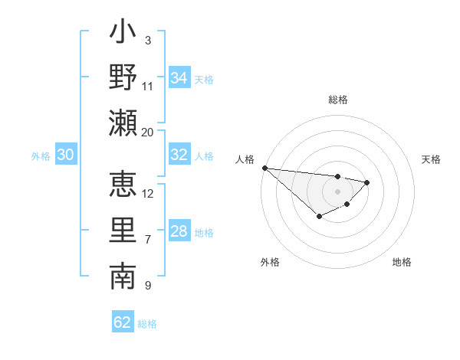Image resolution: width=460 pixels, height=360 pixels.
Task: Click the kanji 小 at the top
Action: pyautogui.click(x=123, y=34)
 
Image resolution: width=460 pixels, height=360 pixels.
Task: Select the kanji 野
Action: pyautogui.click(x=123, y=78)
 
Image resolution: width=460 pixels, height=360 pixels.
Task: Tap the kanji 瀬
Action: pyautogui.click(x=123, y=123)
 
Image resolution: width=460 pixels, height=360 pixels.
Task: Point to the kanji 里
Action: pyautogui.click(x=123, y=231)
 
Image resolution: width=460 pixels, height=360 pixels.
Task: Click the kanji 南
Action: pyautogui.click(x=123, y=277)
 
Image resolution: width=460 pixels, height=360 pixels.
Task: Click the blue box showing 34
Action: pyautogui.click(x=179, y=78)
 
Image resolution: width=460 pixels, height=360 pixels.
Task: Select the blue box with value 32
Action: pyautogui.click(x=179, y=155)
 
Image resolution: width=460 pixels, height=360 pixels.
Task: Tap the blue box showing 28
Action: pyautogui.click(x=179, y=231)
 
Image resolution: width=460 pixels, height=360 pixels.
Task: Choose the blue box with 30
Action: pyautogui.click(x=65, y=155)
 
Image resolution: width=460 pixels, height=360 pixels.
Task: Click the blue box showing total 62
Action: pyautogui.click(x=123, y=322)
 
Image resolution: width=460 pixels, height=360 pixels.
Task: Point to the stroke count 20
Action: pyautogui.click(x=148, y=132)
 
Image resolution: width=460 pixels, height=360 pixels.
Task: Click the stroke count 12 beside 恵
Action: pyautogui.click(x=148, y=193)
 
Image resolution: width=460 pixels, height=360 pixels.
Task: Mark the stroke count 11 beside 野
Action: pyautogui.click(x=148, y=86)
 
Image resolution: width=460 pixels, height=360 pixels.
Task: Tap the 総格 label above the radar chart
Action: pyautogui.click(x=337, y=100)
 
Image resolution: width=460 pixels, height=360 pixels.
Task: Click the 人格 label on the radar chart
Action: pyautogui.click(x=245, y=159)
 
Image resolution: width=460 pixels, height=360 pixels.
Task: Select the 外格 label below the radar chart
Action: pyautogui.click(x=270, y=262)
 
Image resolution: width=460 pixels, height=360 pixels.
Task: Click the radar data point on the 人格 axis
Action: pyautogui.click(x=264, y=168)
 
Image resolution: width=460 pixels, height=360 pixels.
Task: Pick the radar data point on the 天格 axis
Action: pyautogui.click(x=367, y=182)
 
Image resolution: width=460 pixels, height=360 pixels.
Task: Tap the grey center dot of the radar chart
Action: pyautogui.click(x=337, y=191)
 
